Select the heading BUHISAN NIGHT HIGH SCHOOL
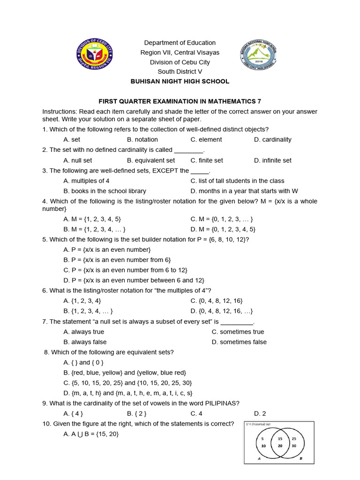click(x=180, y=82)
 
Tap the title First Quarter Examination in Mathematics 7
click(x=180, y=102)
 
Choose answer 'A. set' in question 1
click(x=72, y=140)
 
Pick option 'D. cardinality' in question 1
click(x=272, y=140)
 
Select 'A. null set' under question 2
click(x=78, y=160)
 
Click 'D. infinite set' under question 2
click(x=272, y=160)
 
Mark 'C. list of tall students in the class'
click(x=237, y=181)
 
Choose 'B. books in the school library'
click(x=105, y=191)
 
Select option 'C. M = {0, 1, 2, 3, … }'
click(x=222, y=219)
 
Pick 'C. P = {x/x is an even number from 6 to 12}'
click(x=125, y=270)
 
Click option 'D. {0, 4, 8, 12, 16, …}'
click(x=222, y=311)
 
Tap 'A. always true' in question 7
click(x=83, y=332)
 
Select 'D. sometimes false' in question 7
click(x=239, y=342)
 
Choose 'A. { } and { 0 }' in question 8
click(x=83, y=362)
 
